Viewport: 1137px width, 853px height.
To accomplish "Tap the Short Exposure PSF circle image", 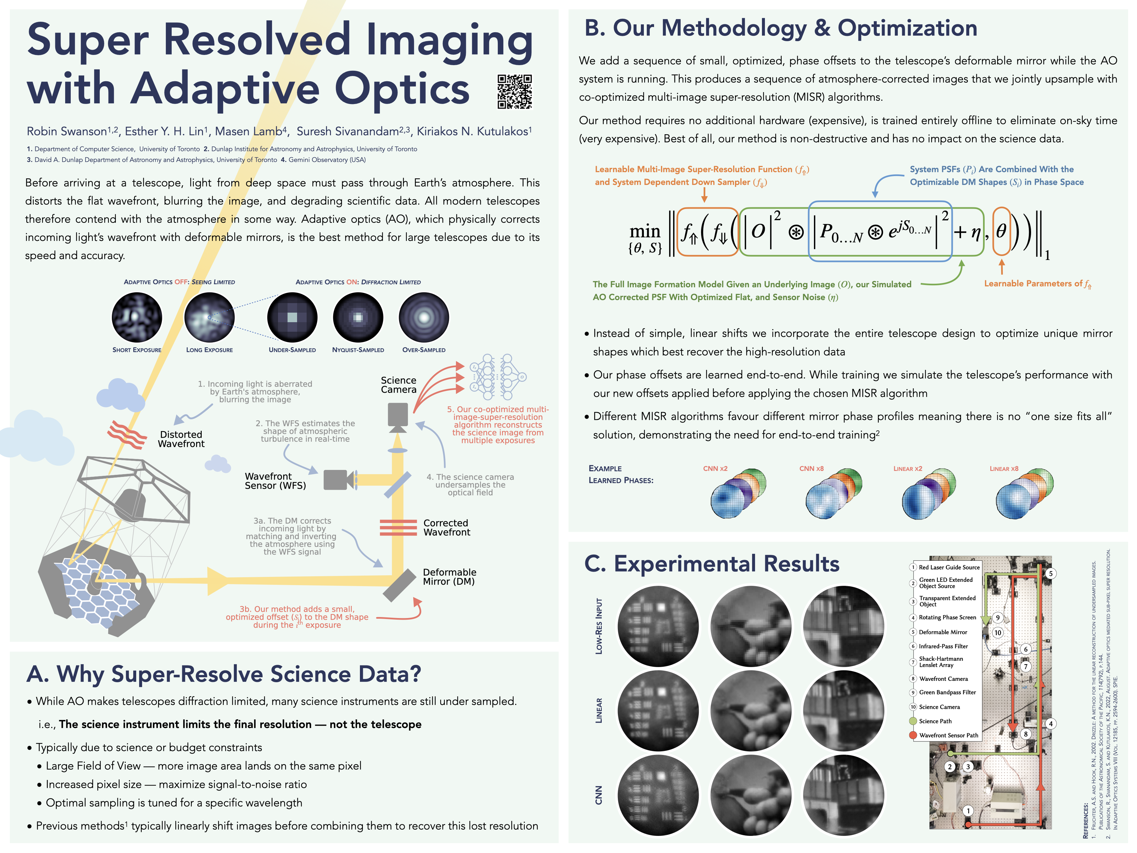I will point(137,317).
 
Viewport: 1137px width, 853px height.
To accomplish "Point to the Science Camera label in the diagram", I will point(398,385).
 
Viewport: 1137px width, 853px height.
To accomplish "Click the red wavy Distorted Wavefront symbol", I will point(126,434).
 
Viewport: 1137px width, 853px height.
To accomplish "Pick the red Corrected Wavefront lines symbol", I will point(398,528).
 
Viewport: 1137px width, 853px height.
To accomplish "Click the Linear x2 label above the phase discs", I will point(907,468).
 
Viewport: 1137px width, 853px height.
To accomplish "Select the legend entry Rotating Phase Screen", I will point(947,617).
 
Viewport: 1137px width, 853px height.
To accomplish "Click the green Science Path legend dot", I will point(913,721).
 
